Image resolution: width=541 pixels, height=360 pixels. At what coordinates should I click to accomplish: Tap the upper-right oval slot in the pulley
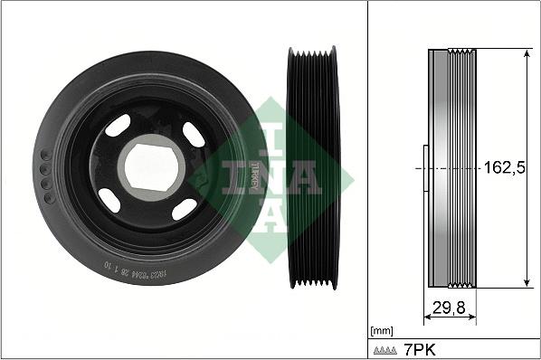[x=194, y=134]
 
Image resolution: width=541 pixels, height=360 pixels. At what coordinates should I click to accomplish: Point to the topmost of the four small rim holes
[x=44, y=154]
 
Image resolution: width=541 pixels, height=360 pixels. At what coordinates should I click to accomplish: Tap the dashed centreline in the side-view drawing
[x=452, y=168]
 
